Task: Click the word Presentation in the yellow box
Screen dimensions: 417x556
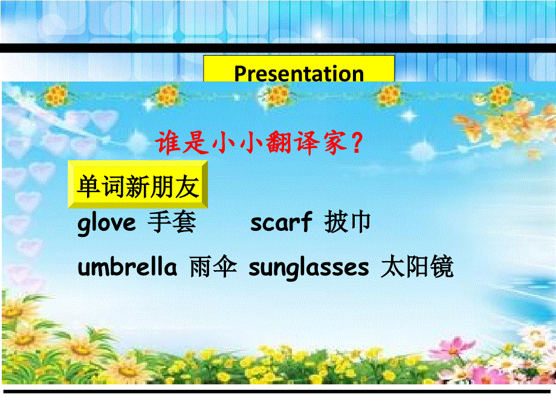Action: coord(299,73)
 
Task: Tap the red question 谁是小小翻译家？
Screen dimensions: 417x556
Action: coord(259,144)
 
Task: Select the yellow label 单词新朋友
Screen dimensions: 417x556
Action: coord(138,187)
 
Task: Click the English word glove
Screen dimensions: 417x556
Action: coord(107,224)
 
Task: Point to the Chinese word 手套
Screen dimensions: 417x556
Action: coord(172,223)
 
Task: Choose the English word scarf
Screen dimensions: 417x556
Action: coord(281,223)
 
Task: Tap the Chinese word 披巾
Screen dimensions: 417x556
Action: coord(347,223)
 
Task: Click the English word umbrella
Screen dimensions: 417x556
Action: coord(128,267)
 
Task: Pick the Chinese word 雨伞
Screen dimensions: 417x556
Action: coord(212,267)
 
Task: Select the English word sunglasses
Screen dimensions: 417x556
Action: coord(308,267)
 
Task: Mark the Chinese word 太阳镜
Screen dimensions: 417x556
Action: coord(417,267)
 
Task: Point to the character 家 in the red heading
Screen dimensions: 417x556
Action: coord(334,144)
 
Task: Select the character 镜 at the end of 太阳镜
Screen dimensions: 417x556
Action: coord(441,267)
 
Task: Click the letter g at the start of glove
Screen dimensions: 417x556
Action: coord(84,225)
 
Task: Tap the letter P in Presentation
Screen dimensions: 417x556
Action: coord(240,74)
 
